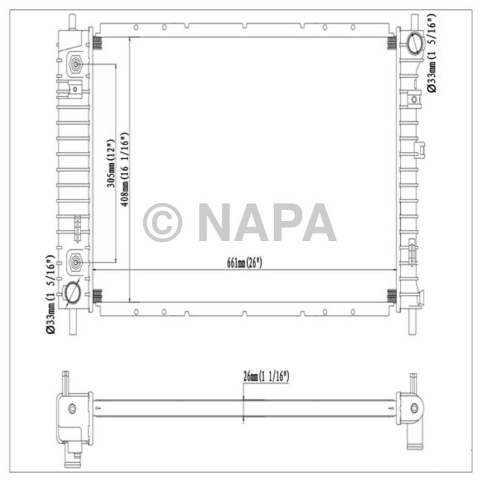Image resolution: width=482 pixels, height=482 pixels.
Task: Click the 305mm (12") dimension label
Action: click(109, 165)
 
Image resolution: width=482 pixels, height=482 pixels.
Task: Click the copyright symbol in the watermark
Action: click(163, 222)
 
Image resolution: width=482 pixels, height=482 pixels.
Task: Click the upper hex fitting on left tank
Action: click(75, 65)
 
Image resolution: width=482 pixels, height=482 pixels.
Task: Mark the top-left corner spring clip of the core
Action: click(96, 43)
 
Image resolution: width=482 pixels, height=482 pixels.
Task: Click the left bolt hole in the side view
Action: click(71, 409)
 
